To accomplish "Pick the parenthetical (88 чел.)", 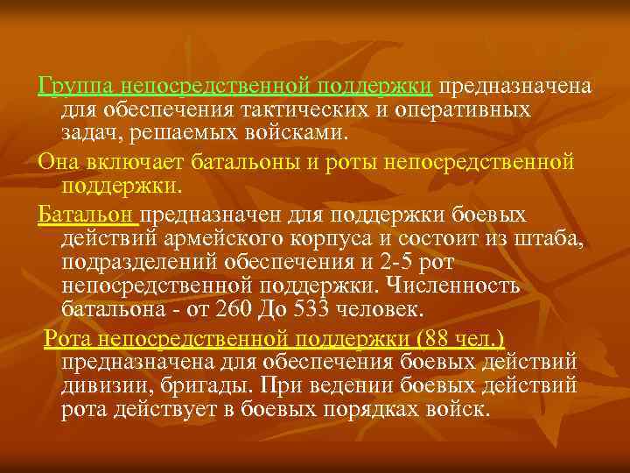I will pos(461,338).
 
